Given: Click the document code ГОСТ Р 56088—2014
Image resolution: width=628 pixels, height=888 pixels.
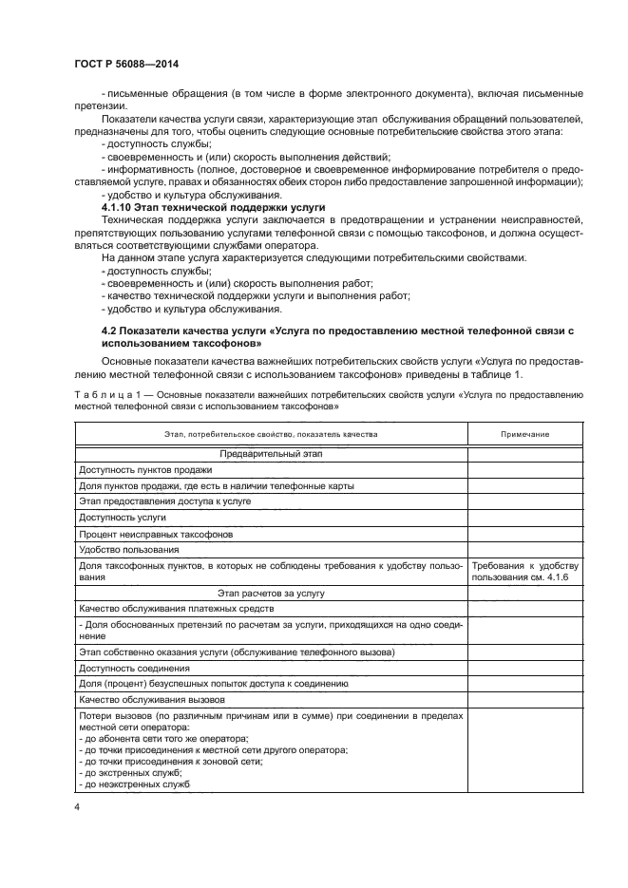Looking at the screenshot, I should point(125,65).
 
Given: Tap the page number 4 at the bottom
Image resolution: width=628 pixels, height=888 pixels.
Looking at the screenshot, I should point(76,806).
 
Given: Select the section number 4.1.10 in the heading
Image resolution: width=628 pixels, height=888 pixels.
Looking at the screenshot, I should point(121,206).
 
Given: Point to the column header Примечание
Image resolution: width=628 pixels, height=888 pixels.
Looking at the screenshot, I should point(525,433).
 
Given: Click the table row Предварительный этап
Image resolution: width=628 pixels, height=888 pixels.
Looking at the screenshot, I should point(271,454).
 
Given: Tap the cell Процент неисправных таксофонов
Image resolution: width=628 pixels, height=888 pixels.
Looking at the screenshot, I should point(143,534).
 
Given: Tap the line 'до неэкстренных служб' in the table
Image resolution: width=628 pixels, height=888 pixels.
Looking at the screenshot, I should point(134,784).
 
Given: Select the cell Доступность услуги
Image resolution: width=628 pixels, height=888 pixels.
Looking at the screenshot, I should point(123,518).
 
